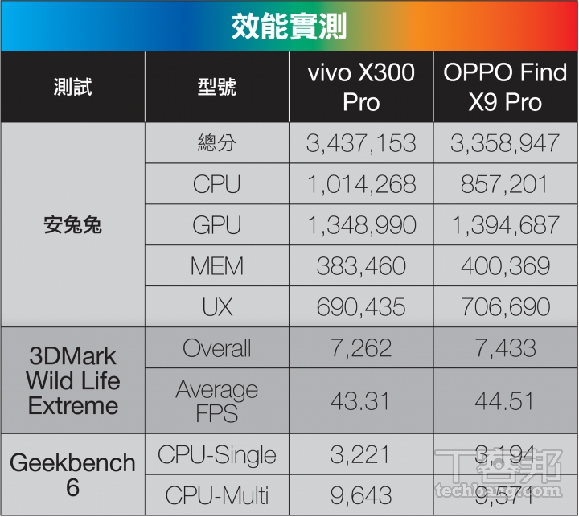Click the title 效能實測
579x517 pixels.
(289, 26)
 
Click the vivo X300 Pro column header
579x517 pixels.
(361, 87)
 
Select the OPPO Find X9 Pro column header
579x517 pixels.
(505, 87)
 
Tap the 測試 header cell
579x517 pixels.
(72, 87)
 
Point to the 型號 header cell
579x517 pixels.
(216, 87)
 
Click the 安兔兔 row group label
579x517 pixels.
(72, 225)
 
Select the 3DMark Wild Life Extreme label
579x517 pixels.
(72, 380)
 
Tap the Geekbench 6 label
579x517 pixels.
(72, 475)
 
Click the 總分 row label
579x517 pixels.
(216, 143)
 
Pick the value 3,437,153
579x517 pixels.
(361, 143)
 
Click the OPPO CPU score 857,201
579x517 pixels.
(505, 184)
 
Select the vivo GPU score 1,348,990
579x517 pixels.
(361, 225)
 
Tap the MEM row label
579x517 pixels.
(216, 266)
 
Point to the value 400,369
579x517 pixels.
(505, 266)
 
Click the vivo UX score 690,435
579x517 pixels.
(361, 306)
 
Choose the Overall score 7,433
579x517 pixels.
(505, 348)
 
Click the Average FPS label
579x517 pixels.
(216, 400)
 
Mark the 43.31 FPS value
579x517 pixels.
(361, 400)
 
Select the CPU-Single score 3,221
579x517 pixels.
(361, 455)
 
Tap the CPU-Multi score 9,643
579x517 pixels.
(361, 495)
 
